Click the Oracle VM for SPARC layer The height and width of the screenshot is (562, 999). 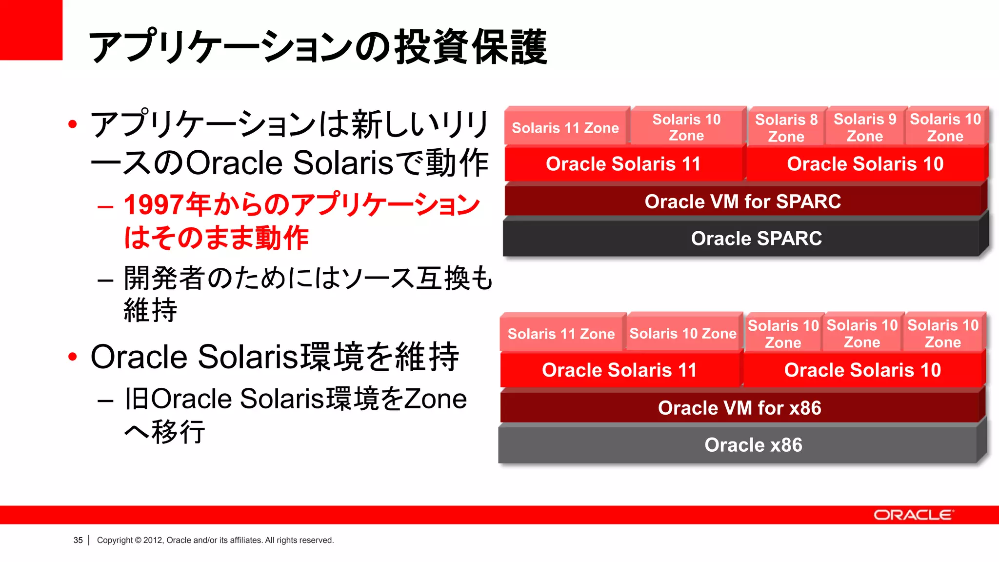point(742,201)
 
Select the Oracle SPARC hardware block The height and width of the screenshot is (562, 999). point(756,239)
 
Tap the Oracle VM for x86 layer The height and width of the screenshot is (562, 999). point(739,408)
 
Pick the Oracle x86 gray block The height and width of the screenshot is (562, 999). point(753,445)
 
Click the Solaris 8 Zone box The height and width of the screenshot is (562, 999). point(786,128)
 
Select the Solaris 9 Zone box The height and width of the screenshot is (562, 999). point(865,127)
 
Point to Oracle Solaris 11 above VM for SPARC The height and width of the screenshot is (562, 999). point(623,164)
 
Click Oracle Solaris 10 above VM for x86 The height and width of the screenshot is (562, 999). point(862,370)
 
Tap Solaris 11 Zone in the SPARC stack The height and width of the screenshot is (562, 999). point(565,128)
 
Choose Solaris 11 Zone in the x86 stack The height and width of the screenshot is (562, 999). point(561,334)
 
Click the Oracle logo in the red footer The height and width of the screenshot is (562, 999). point(913,515)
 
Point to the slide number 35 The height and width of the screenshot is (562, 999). point(78,540)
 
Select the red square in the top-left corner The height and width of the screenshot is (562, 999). point(31,30)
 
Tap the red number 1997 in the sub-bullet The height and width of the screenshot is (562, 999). point(154,205)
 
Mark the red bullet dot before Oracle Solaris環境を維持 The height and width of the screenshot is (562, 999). point(73,357)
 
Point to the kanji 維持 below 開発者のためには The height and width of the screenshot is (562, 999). point(150,310)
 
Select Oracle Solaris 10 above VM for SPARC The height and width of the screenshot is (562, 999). point(865,164)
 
